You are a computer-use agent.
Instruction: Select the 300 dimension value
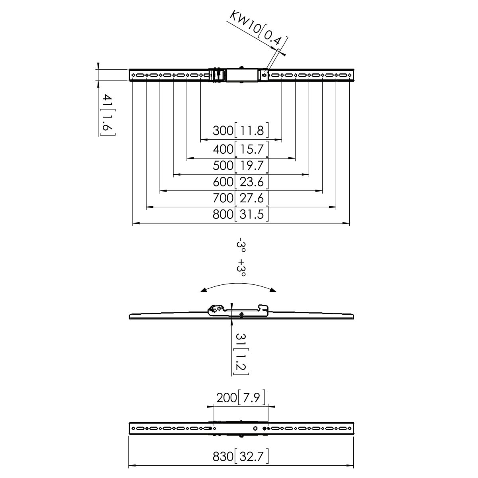pyautogui.click(x=223, y=131)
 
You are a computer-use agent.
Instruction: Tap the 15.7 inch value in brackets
pyautogui.click(x=251, y=149)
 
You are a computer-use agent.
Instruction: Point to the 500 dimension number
pyautogui.click(x=223, y=165)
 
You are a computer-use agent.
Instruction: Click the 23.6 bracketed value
pyautogui.click(x=251, y=182)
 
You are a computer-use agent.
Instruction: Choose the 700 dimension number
pyautogui.click(x=223, y=198)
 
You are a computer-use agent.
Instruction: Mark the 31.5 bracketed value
pyautogui.click(x=251, y=214)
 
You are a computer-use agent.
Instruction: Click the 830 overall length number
pyautogui.click(x=223, y=456)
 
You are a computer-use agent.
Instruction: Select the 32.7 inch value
pyautogui.click(x=251, y=456)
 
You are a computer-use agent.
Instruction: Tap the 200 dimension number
pyautogui.click(x=227, y=398)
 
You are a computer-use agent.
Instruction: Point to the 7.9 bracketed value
pyautogui.click(x=251, y=398)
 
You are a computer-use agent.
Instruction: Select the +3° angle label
pyautogui.click(x=241, y=268)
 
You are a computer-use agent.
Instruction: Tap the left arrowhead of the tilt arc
pyautogui.click(x=204, y=290)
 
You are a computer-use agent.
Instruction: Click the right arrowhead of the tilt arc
pyautogui.click(x=273, y=290)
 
